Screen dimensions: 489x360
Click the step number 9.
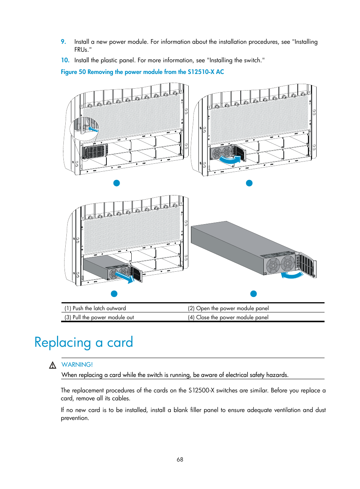coord(63,42)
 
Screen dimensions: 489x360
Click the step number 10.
coord(65,60)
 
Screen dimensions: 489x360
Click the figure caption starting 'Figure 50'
coord(142,72)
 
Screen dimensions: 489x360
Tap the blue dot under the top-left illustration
coord(117,183)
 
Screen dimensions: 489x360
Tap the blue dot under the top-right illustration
coord(249,183)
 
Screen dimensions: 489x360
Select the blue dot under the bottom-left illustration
coord(114,294)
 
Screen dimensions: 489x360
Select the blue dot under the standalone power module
coord(254,294)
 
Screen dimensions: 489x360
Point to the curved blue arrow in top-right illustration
coord(230,160)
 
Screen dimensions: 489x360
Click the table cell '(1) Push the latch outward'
coord(95,308)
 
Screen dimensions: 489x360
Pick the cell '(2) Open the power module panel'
coord(228,308)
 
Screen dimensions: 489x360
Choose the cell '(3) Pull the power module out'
coord(99,317)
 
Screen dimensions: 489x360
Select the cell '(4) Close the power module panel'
coord(228,317)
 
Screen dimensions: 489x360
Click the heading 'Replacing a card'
coord(84,342)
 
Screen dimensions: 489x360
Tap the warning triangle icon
coord(53,365)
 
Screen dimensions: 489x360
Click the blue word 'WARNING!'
coord(77,364)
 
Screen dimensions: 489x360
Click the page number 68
coord(180,459)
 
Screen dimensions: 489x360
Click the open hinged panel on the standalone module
coord(308,265)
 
